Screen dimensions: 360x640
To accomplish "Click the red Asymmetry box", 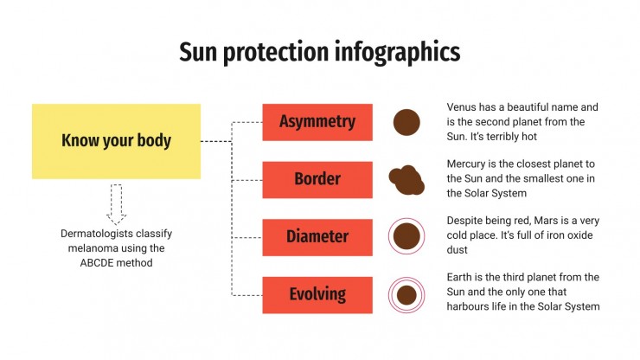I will (x=317, y=122).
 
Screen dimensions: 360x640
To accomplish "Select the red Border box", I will (x=317, y=179).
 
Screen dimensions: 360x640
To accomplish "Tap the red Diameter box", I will (x=317, y=236).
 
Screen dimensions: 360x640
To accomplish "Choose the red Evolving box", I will (x=317, y=294).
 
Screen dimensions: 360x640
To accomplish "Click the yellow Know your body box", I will (x=116, y=141).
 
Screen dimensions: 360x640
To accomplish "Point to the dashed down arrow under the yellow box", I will (x=116, y=204).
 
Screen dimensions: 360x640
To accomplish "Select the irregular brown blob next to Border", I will (x=406, y=180).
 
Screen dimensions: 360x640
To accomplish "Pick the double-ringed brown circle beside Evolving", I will (x=406, y=295).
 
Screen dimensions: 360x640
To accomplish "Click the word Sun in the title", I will (x=196, y=52).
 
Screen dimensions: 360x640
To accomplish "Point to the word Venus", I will (x=464, y=108).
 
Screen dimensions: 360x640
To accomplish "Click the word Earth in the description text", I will (x=462, y=277).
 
